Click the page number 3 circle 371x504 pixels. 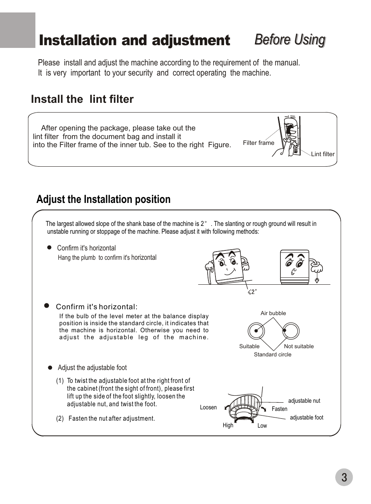(x=344, y=478)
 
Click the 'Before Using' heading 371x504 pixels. (x=290, y=40)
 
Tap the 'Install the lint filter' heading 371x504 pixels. (x=82, y=99)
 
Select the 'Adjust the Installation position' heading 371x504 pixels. (x=103, y=199)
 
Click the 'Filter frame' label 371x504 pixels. (x=258, y=143)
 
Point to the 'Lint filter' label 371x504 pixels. (x=322, y=154)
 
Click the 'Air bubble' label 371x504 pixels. (x=273, y=313)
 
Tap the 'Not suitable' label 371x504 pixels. (x=299, y=346)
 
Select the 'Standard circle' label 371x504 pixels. (x=272, y=354)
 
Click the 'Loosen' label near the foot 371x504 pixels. (x=208, y=407)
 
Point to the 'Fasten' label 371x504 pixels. (x=279, y=409)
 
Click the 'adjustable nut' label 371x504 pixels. (x=304, y=401)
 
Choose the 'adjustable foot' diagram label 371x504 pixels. (x=306, y=418)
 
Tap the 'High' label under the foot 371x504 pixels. (x=228, y=425)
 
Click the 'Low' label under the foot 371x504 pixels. (x=262, y=426)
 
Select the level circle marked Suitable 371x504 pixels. (x=256, y=331)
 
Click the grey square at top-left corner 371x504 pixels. (x=17, y=30)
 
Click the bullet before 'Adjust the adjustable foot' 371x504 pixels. (x=50, y=368)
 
